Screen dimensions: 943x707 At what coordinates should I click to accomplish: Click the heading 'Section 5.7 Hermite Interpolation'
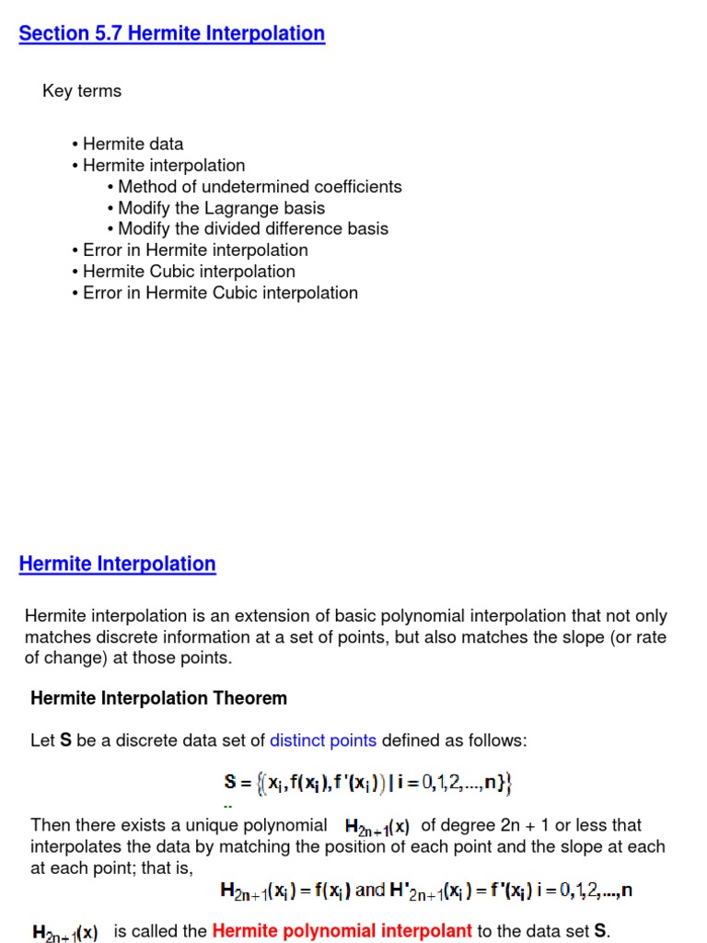point(171,34)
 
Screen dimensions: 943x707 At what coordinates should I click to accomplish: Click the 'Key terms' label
point(82,91)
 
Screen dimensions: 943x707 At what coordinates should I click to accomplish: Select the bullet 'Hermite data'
point(133,144)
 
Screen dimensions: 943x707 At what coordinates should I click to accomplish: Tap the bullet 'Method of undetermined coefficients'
point(260,187)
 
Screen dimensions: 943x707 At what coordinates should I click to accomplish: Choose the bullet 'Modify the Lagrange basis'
point(221,208)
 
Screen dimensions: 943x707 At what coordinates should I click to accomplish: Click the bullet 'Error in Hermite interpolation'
point(195,250)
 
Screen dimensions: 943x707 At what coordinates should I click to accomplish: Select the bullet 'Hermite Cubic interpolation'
point(189,272)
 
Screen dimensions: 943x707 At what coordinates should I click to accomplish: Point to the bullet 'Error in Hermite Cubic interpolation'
point(220,293)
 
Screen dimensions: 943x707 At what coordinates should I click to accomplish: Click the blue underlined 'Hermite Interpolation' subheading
point(117,565)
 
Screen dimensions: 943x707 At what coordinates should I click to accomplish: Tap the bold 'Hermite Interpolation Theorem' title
point(158,698)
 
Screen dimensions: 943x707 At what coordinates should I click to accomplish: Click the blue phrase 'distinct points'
point(323,740)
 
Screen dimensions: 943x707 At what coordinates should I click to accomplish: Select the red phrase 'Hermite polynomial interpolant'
point(342,931)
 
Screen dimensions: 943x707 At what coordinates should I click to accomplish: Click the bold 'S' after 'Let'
point(65,740)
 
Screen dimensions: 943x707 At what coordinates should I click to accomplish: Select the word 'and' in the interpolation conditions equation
point(370,891)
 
